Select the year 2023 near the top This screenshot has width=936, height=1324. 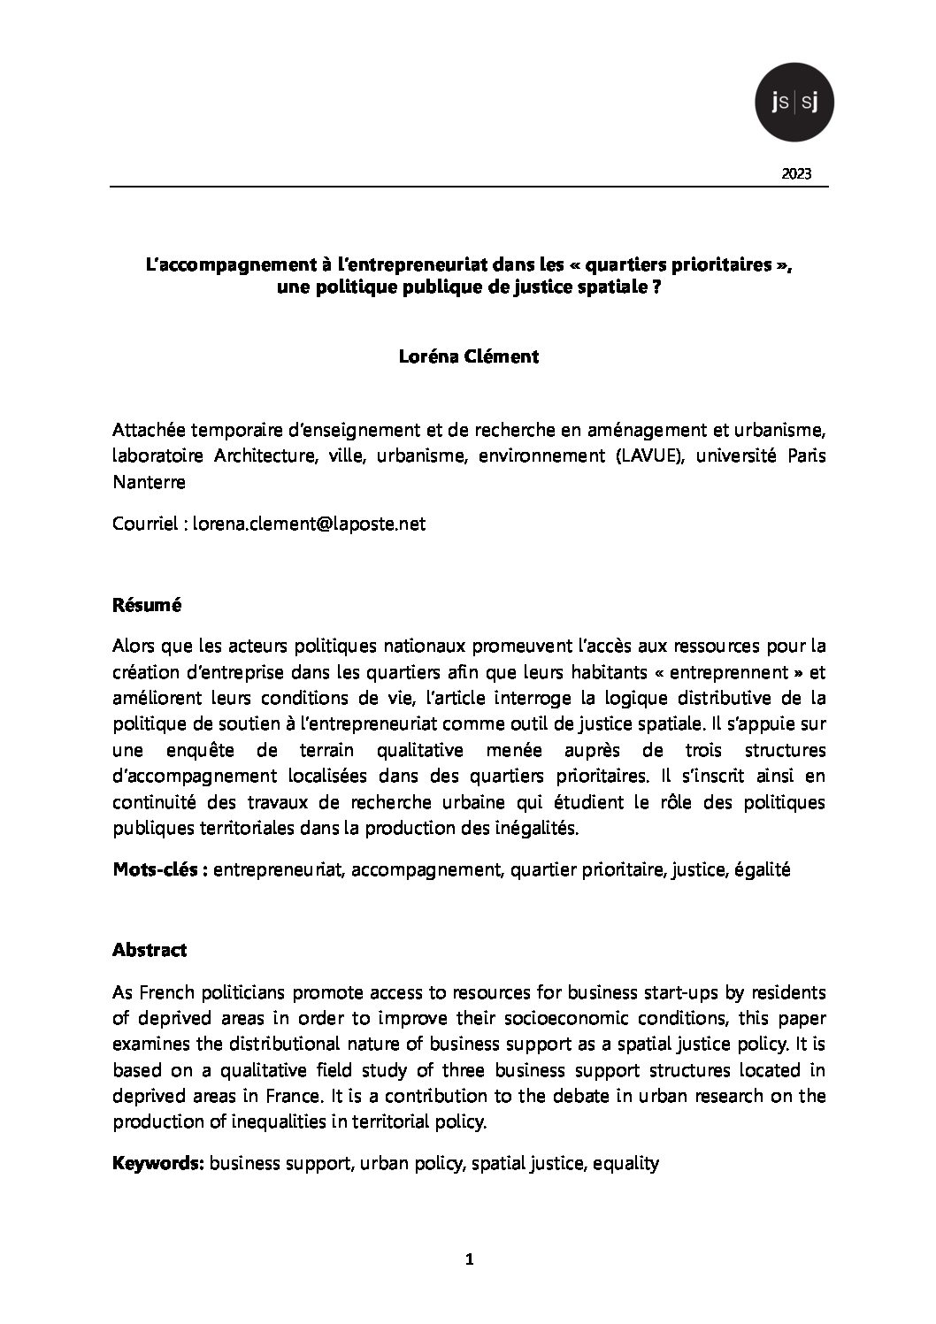[x=796, y=173]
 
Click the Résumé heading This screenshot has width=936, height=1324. [x=147, y=606]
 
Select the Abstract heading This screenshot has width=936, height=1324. [x=150, y=950]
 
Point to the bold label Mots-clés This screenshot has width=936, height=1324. [x=159, y=869]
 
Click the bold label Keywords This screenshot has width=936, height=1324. [x=158, y=1163]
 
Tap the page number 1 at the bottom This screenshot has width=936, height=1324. [x=470, y=1260]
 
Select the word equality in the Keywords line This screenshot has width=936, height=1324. [x=625, y=1163]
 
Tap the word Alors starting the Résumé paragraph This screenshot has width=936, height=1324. [x=134, y=647]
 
